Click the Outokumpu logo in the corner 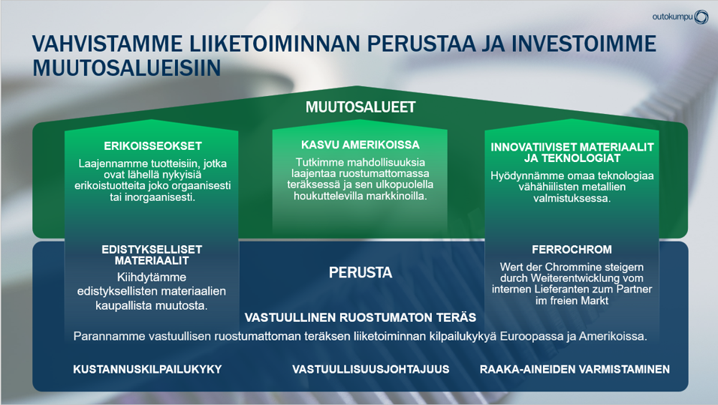tap(680, 17)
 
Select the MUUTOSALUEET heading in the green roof tap(361, 107)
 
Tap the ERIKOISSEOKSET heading tap(152, 146)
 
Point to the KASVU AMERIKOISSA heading tap(360, 145)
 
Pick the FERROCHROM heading tap(572, 250)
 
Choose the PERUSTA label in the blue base tap(361, 273)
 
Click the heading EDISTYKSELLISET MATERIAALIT tap(152, 255)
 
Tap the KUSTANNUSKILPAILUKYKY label tap(147, 369)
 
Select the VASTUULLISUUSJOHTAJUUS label tap(371, 369)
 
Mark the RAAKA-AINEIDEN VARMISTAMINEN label tap(575, 369)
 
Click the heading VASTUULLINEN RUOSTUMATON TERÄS tap(361, 317)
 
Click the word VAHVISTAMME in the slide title tap(107, 44)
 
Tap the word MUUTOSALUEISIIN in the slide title tap(127, 67)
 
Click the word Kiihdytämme tap(152, 277)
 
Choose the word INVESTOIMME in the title tap(584, 44)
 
